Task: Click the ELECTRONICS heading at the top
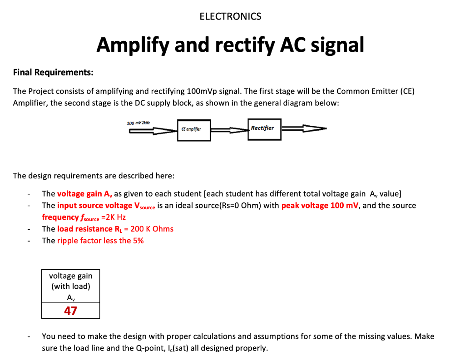pyautogui.click(x=230, y=17)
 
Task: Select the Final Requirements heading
pyautogui.click(x=53, y=72)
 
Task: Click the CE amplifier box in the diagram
pyautogui.click(x=194, y=129)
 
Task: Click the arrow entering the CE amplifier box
pyautogui.click(x=153, y=131)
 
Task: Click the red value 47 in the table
pyautogui.click(x=70, y=311)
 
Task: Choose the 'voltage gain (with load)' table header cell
pyautogui.click(x=70, y=286)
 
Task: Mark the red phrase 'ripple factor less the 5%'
pyautogui.click(x=100, y=241)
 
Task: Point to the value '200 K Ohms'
pyautogui.click(x=152, y=229)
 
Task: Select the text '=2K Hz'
pyautogui.click(x=115, y=217)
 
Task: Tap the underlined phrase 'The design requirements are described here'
pyautogui.click(x=94, y=176)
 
